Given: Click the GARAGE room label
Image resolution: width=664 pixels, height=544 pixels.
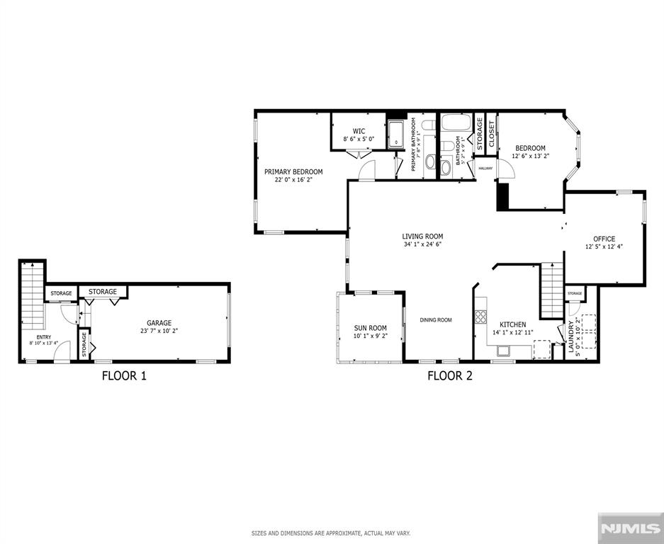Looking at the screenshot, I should pos(159,323).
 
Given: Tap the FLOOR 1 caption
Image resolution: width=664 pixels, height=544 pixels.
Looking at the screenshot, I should pos(124,376).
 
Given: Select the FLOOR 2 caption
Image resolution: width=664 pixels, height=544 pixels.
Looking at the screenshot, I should pos(449,376).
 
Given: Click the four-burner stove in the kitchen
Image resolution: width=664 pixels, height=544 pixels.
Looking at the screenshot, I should pos(481,317).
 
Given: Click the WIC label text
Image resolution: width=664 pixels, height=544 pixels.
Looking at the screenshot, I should pos(359,131).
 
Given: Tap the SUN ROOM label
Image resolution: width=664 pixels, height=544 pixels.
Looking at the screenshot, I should pos(370,328).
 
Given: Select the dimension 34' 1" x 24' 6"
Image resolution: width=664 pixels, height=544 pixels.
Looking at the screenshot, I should pos(422,245).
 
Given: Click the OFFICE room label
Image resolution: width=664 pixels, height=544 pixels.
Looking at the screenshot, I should pos(604,239).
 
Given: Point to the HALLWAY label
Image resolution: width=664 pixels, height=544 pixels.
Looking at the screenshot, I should pos(485,168).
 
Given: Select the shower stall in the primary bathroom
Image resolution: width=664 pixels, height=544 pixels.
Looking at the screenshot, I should pos(395,135).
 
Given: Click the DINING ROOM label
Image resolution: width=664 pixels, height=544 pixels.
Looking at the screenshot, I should pos(435,320).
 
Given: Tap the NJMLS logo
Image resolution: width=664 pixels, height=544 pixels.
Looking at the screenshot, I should pos(631,528).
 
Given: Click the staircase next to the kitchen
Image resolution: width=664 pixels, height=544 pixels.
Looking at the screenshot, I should pos(551,290).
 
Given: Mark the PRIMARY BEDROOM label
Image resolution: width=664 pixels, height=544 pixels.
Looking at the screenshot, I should pos(293,171).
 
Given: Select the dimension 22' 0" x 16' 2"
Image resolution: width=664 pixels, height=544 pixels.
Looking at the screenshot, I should pos(293,180).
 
